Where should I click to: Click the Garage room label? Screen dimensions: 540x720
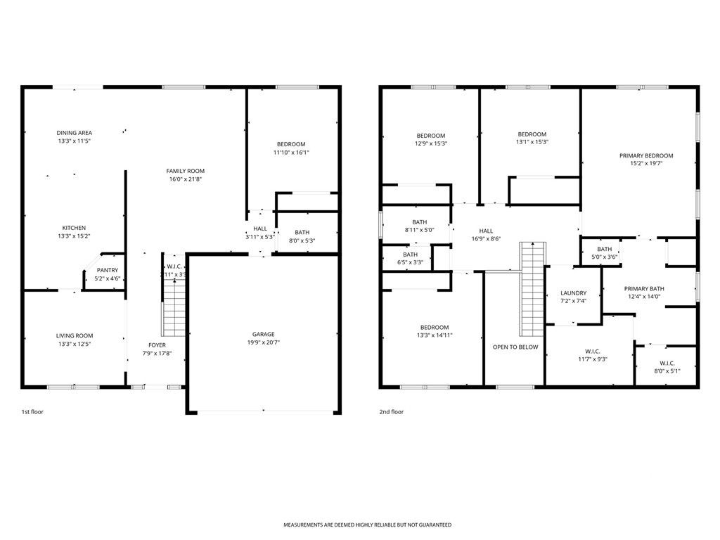[264, 334]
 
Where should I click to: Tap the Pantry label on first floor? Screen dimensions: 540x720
[108, 270]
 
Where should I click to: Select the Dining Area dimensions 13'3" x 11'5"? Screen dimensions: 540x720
[75, 141]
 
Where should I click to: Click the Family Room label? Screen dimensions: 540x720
[186, 171]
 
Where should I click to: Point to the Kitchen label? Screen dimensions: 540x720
[74, 228]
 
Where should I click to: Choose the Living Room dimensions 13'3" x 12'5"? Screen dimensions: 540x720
[75, 344]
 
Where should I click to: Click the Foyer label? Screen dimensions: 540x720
[157, 345]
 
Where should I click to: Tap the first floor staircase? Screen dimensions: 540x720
[174, 309]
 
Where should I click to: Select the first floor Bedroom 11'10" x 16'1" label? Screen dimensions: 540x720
[291, 144]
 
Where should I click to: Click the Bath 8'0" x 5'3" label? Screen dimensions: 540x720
[302, 232]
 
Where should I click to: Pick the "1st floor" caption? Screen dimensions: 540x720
[32, 411]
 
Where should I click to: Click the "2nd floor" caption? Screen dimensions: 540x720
[392, 411]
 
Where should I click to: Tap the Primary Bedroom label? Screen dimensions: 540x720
[646, 155]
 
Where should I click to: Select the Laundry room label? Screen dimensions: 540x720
[573, 293]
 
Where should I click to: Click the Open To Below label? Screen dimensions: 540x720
[515, 347]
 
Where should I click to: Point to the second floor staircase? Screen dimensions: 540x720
[533, 288]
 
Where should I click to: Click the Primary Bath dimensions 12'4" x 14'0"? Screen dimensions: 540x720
[644, 297]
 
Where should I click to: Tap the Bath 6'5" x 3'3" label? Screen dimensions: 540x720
[410, 255]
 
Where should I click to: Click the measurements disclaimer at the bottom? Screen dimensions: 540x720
[367, 525]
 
